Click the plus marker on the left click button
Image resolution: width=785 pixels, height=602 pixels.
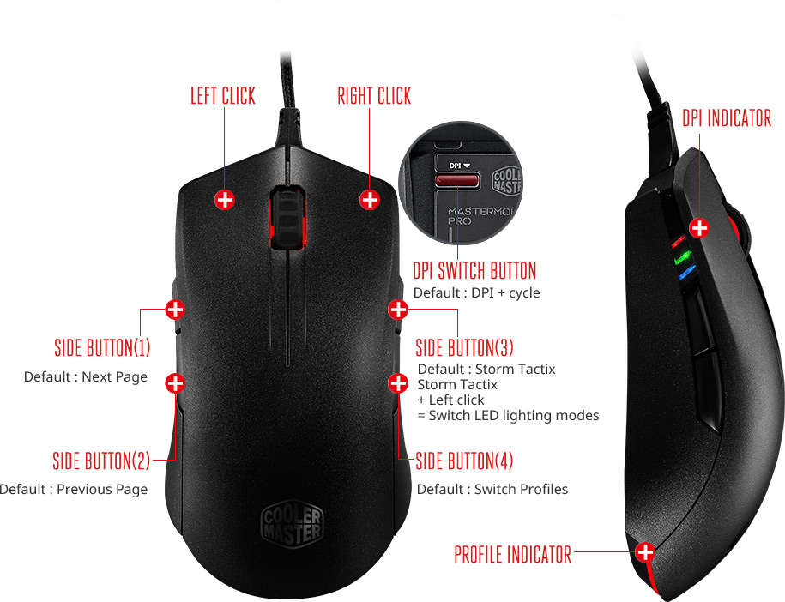[x=225, y=200]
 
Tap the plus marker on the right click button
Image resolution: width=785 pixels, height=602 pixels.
[x=370, y=200]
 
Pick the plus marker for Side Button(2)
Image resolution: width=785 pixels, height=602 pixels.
[x=174, y=382]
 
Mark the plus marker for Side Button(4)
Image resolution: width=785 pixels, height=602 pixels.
[x=397, y=382]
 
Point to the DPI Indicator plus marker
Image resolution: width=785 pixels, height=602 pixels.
[x=700, y=227]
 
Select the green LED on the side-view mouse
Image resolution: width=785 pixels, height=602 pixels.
[x=684, y=256]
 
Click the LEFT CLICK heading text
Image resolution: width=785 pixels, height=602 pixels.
[x=223, y=95]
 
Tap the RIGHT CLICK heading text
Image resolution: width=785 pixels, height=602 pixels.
[x=374, y=95]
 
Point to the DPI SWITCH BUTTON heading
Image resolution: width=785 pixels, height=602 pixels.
[x=474, y=271]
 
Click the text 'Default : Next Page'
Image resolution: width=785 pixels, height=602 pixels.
[x=86, y=377]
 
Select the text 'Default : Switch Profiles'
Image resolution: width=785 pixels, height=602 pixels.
[x=492, y=490]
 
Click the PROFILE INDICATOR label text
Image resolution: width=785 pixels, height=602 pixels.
[x=512, y=554]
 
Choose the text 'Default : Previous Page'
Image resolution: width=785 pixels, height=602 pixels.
[x=74, y=490]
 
